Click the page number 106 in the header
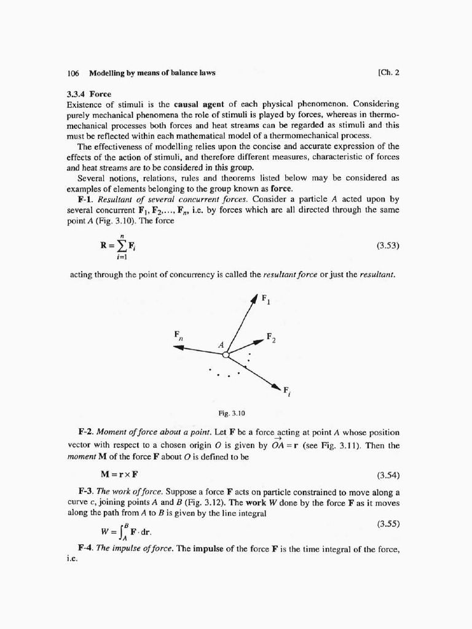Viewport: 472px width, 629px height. (x=73, y=73)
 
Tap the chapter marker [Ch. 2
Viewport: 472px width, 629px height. (x=389, y=72)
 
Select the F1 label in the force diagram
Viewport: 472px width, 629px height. (x=265, y=300)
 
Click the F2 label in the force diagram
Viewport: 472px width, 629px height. (x=270, y=337)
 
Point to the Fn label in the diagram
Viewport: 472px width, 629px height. (x=178, y=335)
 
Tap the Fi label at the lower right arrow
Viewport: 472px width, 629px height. (x=287, y=392)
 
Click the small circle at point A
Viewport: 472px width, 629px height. (x=226, y=354)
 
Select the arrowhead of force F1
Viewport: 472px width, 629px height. (x=254, y=300)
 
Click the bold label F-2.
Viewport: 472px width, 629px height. (x=85, y=433)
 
